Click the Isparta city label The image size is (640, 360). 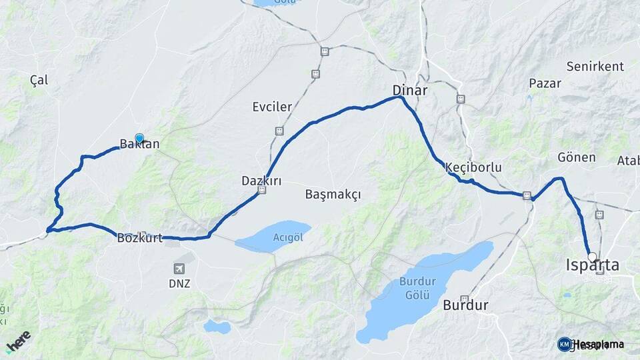click(x=592, y=265)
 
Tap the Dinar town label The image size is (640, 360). click(x=410, y=89)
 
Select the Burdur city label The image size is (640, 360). click(x=465, y=306)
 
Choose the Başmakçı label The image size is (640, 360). click(x=333, y=195)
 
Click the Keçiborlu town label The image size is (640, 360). click(x=475, y=167)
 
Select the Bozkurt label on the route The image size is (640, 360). click(x=140, y=238)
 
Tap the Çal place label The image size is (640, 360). click(x=39, y=80)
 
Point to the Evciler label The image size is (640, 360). click(x=272, y=107)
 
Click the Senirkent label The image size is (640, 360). click(x=595, y=67)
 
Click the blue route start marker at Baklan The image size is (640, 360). click(x=139, y=139)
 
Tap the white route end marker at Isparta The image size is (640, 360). click(x=592, y=257)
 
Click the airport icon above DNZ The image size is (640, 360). click(x=179, y=268)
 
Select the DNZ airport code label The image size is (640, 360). click(x=179, y=283)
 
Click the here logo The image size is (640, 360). click(x=18, y=341)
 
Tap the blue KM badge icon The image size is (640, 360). click(x=564, y=344)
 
